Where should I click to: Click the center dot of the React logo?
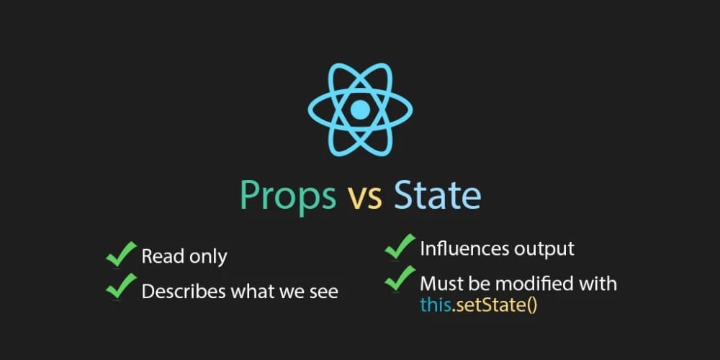coord(360,109)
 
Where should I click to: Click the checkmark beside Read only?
coord(121,254)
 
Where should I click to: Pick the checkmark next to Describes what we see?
coord(121,286)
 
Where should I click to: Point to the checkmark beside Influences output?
coord(400,246)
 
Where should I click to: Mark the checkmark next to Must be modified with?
coord(400,278)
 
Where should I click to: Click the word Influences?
coord(464,248)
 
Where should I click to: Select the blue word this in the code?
coord(436,305)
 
